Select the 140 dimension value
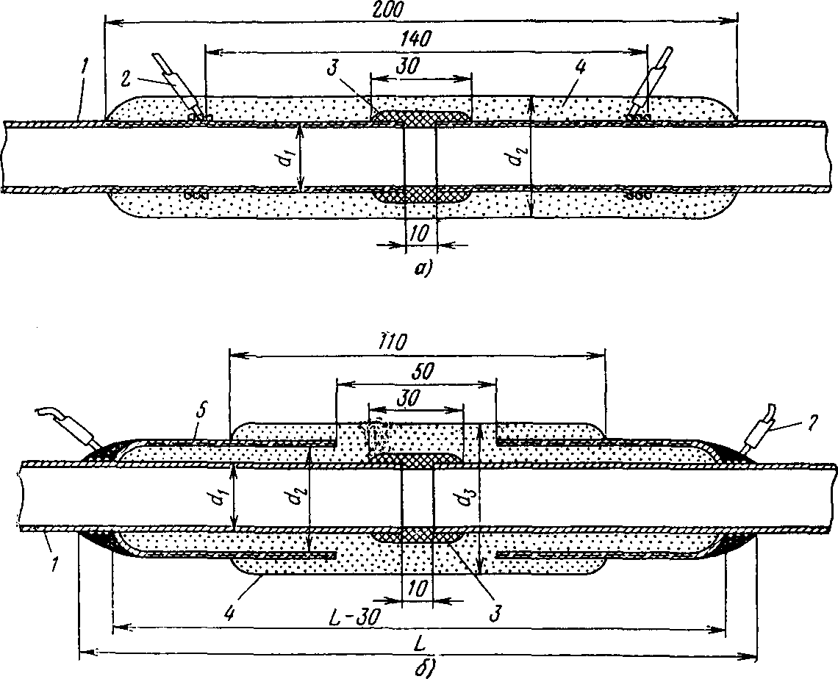point(416,38)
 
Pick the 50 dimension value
point(413,370)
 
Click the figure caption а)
point(421,270)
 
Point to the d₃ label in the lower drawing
point(462,500)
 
